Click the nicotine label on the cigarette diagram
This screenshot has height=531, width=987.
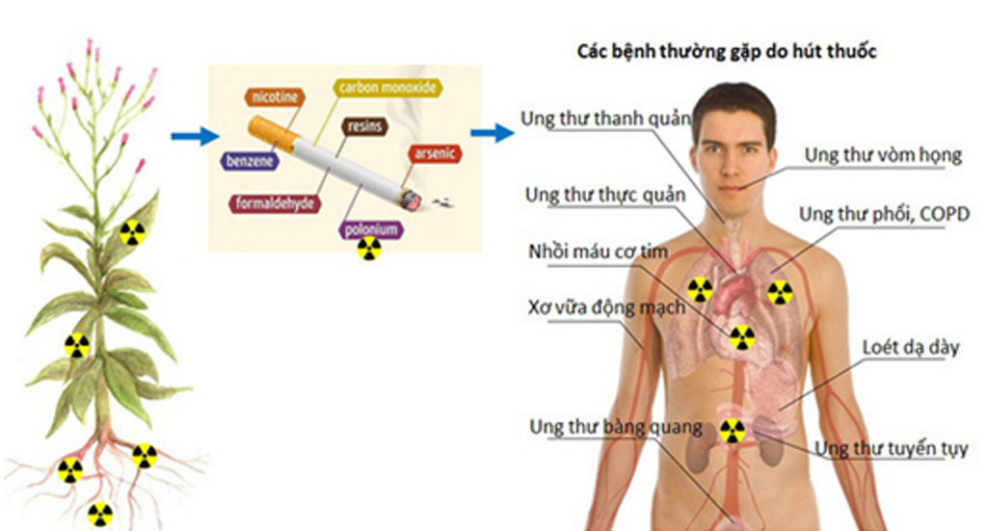click(x=276, y=97)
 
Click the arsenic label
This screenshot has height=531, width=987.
click(x=435, y=153)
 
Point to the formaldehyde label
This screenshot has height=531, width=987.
click(x=273, y=203)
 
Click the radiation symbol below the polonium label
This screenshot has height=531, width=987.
click(x=369, y=250)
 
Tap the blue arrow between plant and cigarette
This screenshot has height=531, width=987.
click(x=196, y=136)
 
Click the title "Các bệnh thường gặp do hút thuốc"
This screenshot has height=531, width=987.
click(x=726, y=52)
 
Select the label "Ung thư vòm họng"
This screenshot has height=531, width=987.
click(x=883, y=154)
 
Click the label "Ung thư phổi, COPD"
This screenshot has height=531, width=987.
click(x=884, y=213)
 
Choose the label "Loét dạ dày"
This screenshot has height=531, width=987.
click(x=911, y=348)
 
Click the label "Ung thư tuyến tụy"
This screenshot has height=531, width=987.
click(x=891, y=448)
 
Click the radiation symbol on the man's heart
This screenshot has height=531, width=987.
click(x=741, y=337)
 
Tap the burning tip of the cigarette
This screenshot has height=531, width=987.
click(x=412, y=199)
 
